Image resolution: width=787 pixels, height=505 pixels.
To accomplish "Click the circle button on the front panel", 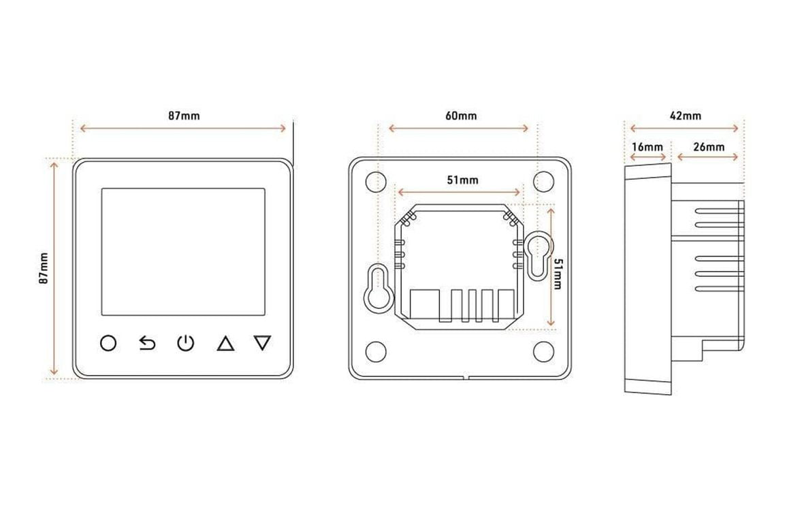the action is [x=108, y=344].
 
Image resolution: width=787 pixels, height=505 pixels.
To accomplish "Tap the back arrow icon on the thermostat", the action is [x=147, y=344].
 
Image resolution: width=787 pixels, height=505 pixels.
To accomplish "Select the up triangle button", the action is [x=226, y=344].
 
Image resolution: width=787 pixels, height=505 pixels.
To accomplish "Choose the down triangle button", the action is [x=263, y=343].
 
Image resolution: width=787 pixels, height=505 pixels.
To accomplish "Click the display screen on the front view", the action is [x=183, y=252].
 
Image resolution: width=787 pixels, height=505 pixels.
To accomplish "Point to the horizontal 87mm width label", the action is [x=184, y=116].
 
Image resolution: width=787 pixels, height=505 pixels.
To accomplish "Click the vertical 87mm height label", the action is [x=44, y=269].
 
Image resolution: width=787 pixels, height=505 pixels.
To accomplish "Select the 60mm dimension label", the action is [x=462, y=116].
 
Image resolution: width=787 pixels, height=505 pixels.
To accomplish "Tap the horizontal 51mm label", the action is [x=463, y=180].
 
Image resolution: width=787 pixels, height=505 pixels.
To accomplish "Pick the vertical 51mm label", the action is [x=557, y=274].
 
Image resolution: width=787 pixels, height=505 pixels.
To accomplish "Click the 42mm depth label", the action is [x=686, y=116].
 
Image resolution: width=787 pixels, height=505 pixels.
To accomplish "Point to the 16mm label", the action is [x=647, y=147].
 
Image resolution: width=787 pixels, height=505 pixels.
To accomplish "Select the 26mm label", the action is [x=709, y=147].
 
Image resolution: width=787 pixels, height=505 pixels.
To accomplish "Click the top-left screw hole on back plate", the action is [x=376, y=181].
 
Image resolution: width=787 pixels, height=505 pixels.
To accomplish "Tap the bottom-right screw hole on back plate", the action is [x=543, y=351].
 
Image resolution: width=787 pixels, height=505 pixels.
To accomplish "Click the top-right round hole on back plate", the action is [x=543, y=181].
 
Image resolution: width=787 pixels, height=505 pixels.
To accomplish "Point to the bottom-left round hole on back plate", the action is [x=376, y=351].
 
